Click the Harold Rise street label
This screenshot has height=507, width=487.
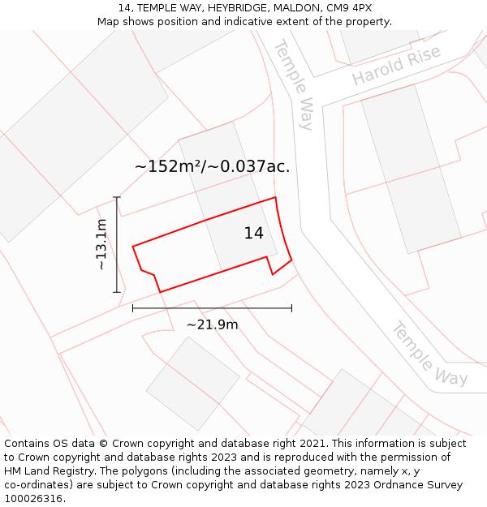pyautogui.click(x=395, y=65)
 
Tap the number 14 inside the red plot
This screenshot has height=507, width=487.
pyautogui.click(x=253, y=234)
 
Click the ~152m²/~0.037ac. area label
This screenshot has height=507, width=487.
pyautogui.click(x=212, y=167)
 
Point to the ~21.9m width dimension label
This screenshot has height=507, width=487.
pyautogui.click(x=212, y=324)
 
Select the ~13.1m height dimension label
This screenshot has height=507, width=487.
pyautogui.click(x=101, y=244)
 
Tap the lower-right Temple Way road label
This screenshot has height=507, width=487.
pyautogui.click(x=429, y=353)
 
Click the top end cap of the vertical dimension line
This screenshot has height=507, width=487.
pyautogui.click(x=117, y=197)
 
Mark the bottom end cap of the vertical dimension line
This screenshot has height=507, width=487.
pyautogui.click(x=117, y=292)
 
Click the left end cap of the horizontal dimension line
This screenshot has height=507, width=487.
pyautogui.click(x=132, y=308)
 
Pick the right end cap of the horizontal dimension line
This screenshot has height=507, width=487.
pyautogui.click(x=291, y=308)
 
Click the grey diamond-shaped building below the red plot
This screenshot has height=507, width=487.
pyautogui.click(x=192, y=384)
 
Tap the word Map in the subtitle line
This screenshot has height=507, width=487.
pyautogui.click(x=109, y=22)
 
